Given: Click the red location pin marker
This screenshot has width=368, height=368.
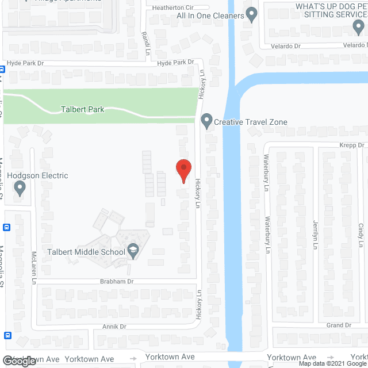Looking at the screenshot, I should [183, 170].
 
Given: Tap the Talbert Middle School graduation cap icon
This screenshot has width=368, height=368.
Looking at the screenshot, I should [133, 249].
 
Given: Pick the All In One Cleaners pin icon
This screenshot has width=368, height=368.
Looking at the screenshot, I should [251, 14].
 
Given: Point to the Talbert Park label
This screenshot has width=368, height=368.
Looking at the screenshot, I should [83, 109].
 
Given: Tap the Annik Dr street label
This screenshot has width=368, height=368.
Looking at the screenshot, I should [114, 327].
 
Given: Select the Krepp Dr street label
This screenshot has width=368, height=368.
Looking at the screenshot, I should [352, 146].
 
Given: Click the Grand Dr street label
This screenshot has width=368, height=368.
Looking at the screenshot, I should [339, 325].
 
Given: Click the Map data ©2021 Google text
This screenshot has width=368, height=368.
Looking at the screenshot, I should [332, 363].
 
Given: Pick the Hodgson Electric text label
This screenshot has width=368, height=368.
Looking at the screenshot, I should [37, 175].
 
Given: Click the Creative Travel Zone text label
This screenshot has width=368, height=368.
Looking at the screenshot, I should [251, 122].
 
